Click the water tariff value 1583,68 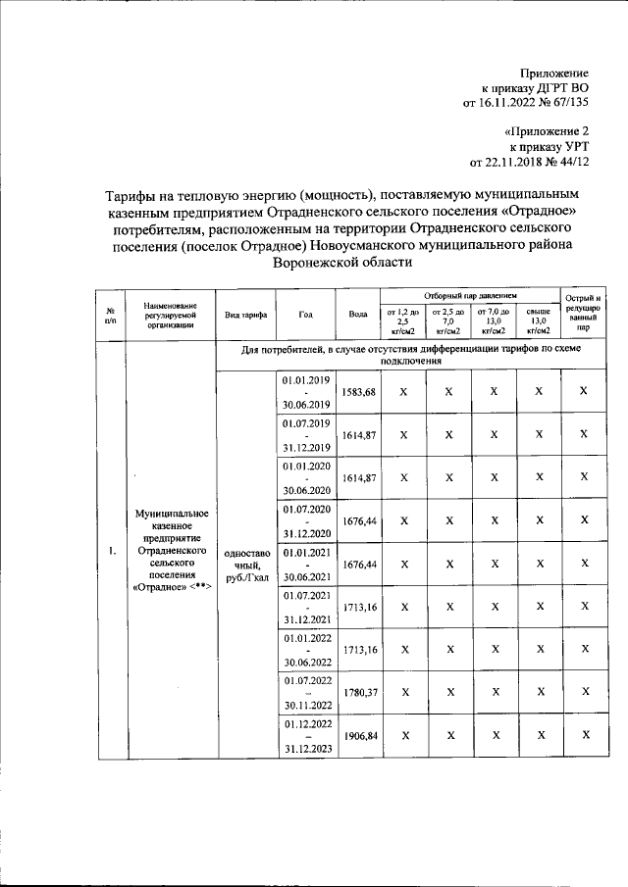pos(358,392)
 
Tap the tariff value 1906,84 pos(358,735)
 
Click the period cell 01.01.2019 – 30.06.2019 pos(306,392)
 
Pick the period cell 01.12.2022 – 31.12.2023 pos(306,736)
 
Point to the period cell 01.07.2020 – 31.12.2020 pos(306,521)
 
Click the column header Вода pos(358,314)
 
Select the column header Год pos(306,314)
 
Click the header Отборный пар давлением pos(470,295)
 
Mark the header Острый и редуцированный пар pos(584,314)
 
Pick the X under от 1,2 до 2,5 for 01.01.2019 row pos(402,392)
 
